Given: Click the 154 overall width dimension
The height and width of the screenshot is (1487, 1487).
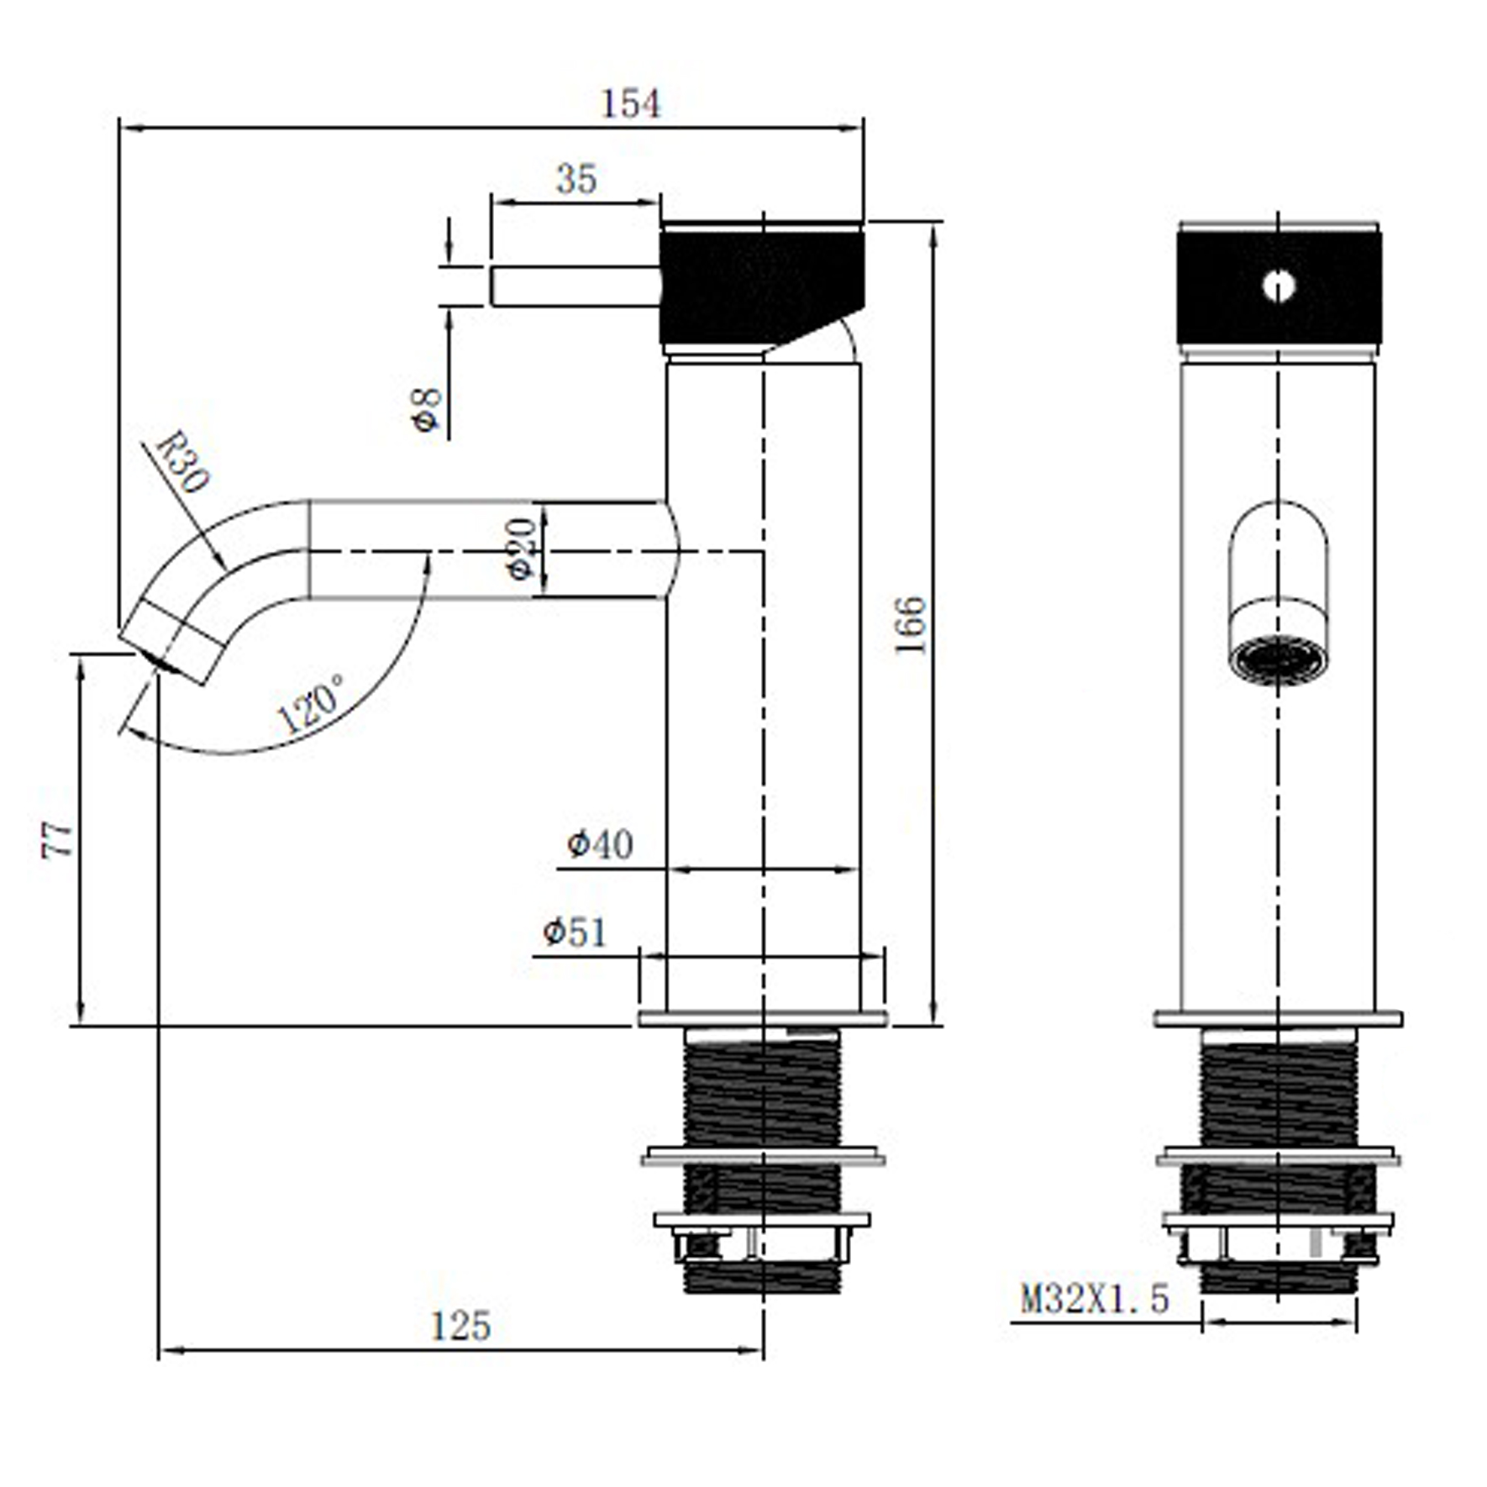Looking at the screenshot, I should tap(631, 104).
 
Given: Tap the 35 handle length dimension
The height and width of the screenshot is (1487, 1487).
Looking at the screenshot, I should tap(576, 179).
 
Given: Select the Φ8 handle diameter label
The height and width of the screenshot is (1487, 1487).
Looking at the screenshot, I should tap(428, 409).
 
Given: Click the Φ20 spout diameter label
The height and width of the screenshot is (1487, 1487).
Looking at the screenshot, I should tap(521, 549).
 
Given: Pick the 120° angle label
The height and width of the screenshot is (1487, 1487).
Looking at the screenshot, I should tap(310, 703).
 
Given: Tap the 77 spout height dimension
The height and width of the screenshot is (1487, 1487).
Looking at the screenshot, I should tap(57, 840).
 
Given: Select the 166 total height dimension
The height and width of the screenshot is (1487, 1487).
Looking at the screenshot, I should tap(910, 624).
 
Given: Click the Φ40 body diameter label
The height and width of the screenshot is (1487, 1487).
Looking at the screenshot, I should tap(600, 844).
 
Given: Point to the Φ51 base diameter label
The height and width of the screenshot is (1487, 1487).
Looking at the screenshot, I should tap(575, 932).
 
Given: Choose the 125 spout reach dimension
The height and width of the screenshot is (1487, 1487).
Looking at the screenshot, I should tap(460, 1327).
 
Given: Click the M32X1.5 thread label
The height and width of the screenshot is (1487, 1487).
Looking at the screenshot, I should tap(1094, 1298).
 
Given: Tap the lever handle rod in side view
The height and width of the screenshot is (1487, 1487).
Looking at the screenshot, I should tap(575, 286).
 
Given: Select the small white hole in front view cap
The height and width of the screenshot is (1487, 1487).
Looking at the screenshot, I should tap(1278, 286).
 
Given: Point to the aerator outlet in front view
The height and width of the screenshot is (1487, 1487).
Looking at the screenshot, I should tap(1278, 659).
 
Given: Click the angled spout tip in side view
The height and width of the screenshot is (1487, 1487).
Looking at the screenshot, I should tap(172, 642).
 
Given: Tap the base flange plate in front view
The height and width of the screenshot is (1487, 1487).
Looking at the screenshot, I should tap(1278, 1019).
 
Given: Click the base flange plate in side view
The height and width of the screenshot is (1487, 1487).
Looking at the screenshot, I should tap(763, 1019).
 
